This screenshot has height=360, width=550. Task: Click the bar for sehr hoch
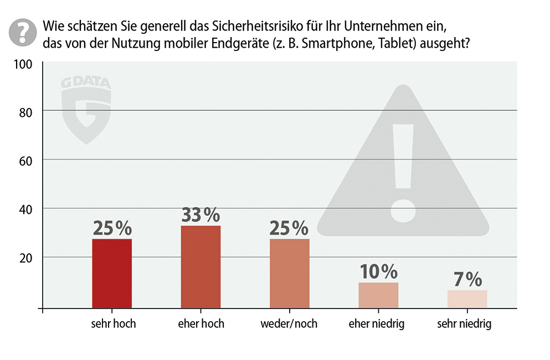(112, 273)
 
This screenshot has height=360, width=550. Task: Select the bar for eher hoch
(201, 266)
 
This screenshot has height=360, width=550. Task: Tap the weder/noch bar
(289, 273)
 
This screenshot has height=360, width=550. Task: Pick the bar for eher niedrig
(378, 295)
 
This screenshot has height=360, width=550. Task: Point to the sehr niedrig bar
(467, 299)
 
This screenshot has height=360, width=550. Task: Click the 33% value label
(201, 215)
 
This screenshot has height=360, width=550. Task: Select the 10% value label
(378, 271)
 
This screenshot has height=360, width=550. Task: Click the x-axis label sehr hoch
(113, 323)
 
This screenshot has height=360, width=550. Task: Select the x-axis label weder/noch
(289, 323)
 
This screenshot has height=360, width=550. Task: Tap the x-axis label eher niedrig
(377, 323)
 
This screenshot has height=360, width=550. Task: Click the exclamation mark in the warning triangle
(403, 172)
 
